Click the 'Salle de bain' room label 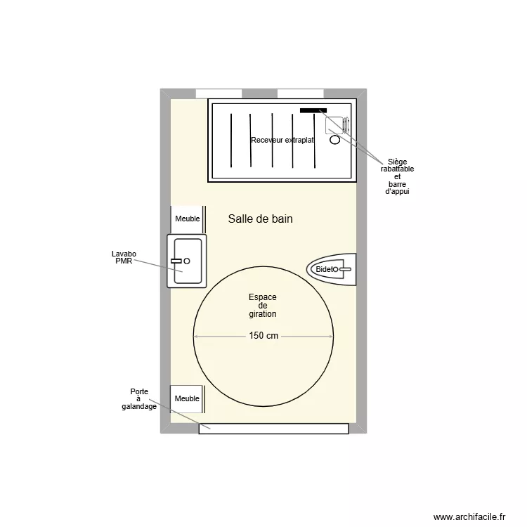(260, 219)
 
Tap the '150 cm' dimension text (263, 337)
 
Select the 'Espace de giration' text (263, 306)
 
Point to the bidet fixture (332, 269)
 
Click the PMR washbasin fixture (186, 261)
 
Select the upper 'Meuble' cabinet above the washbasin (188, 219)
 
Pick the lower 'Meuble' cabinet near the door (188, 398)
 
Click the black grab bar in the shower (313, 110)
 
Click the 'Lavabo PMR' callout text (124, 257)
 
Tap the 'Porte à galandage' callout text (138, 399)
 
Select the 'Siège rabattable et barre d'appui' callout (397, 176)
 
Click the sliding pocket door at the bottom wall (273, 429)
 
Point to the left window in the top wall (219, 93)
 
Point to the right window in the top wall (300, 93)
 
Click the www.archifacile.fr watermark (469, 516)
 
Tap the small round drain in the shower (334, 140)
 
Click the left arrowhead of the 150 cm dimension (196, 337)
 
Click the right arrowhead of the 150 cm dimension (330, 337)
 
